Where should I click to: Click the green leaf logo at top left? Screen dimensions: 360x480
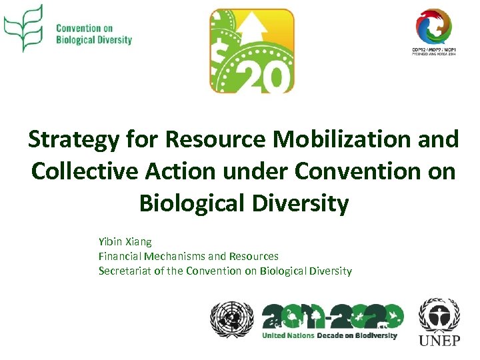tap(23, 27)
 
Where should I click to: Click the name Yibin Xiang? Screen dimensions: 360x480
tap(125, 242)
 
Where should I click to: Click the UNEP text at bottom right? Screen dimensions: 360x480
tap(439, 341)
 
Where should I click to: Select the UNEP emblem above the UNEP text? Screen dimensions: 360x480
tap(438, 315)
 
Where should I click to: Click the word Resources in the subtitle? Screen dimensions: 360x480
tap(254, 256)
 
